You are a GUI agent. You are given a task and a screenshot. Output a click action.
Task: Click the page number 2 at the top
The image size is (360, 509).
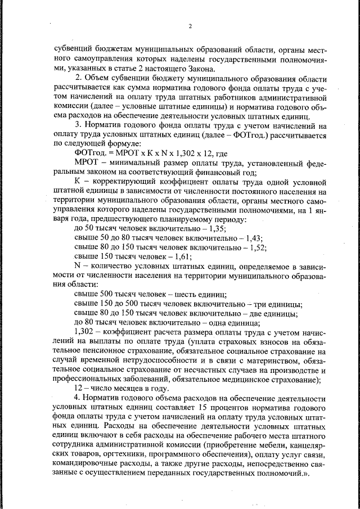coord(190,26)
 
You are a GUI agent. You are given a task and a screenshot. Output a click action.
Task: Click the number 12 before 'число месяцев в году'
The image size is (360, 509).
coord(79,388)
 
